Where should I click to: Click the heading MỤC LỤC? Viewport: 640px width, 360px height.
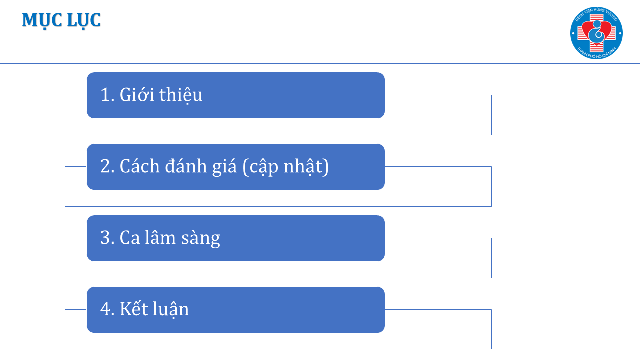tap(61, 20)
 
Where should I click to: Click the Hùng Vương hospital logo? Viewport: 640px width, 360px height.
tap(596, 33)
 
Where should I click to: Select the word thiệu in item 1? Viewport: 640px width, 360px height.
tap(181, 95)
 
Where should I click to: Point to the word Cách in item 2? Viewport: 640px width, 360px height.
tap(139, 166)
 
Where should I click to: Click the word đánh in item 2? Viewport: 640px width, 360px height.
tap(186, 166)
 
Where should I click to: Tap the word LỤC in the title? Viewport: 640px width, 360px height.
tap(84, 20)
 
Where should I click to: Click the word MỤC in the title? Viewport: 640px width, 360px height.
tap(42, 20)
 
